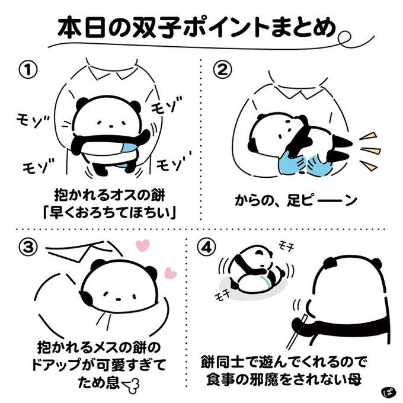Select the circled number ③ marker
coord(28,247)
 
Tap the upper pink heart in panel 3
coord(142,245)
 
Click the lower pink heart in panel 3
coord(170,273)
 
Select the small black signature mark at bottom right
coord(388,392)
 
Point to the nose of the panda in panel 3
coord(119,299)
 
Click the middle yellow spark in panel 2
coord(370,151)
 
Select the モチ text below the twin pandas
coord(222,296)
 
